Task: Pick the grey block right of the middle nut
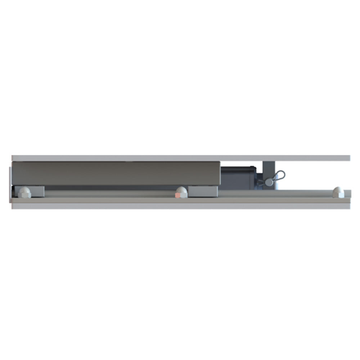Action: coord(203,191)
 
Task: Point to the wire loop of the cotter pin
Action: coord(279,176)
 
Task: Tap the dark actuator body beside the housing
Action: coord(238,178)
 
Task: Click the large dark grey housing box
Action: coord(115,173)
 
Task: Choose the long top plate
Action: coord(180,158)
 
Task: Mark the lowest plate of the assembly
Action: coord(180,206)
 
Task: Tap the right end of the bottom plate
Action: coord(347,206)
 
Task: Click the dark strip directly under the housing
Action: coord(108,188)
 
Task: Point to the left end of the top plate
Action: coord(14,158)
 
